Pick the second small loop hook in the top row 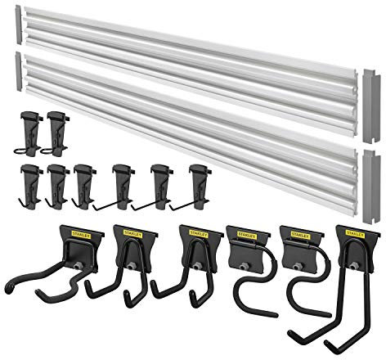(x=56, y=131)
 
